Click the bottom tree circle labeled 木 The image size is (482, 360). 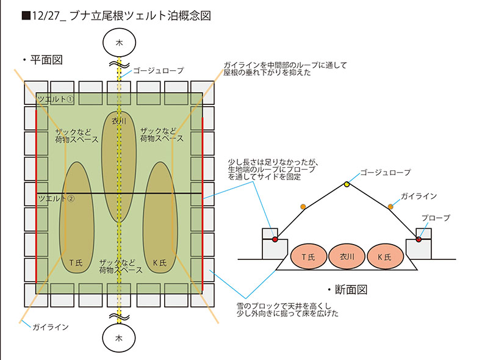click(120, 337)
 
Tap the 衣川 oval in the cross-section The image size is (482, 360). click(347, 257)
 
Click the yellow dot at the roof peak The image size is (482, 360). click(347, 184)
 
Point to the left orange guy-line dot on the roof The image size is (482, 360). click(303, 207)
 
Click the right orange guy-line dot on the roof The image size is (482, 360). click(390, 207)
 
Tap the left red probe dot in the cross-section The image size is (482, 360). click(275, 239)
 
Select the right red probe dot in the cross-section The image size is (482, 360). click(419, 239)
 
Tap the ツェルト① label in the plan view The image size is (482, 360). click(56, 99)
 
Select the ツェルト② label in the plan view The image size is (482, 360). click(56, 198)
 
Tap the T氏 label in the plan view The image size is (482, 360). click(76, 261)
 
